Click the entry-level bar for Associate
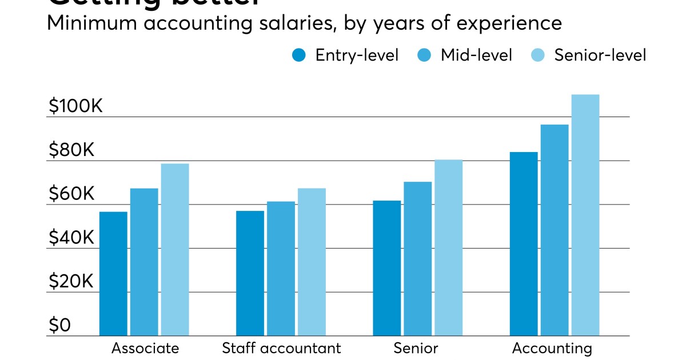(113, 274)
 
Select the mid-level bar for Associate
(144, 262)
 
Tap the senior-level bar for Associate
(175, 250)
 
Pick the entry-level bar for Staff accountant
(250, 273)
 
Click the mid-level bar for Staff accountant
(281, 269)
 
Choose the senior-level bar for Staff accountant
(312, 262)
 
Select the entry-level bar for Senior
(387, 268)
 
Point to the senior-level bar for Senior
(448, 247)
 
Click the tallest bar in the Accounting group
(585, 215)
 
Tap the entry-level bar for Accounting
(524, 243)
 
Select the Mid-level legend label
(476, 55)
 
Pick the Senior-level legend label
(600, 55)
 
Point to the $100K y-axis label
(75, 106)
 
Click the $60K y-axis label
(71, 194)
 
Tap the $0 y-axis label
(59, 326)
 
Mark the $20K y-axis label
(71, 282)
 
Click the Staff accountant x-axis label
(281, 348)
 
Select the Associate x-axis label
(145, 348)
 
